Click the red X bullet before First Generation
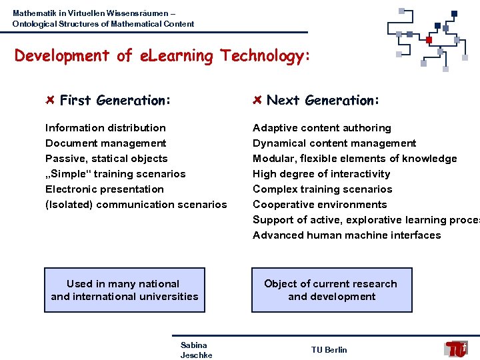pyautogui.click(x=50, y=100)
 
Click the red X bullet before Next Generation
pyautogui.click(x=257, y=100)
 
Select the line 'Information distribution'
pyautogui.click(x=105, y=127)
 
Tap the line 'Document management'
pyautogui.click(x=105, y=143)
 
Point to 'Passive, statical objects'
pyautogui.click(x=106, y=158)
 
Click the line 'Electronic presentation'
pyautogui.click(x=104, y=189)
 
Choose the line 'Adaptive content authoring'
pyautogui.click(x=321, y=127)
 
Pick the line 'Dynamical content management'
pyautogui.click(x=334, y=143)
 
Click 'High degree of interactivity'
pyautogui.click(x=321, y=173)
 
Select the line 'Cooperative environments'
pyautogui.click(x=319, y=204)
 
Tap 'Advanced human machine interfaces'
pyautogui.click(x=347, y=235)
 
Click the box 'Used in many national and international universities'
pyautogui.click(x=125, y=290)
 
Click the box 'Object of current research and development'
pyautogui.click(x=331, y=290)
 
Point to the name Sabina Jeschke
pyautogui.click(x=195, y=350)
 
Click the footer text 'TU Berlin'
pyautogui.click(x=329, y=350)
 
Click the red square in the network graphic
pyautogui.click(x=429, y=40)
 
